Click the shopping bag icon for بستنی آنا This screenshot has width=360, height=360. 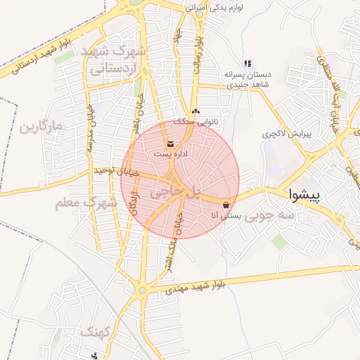(x=225, y=205)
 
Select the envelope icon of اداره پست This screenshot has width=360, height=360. (x=172, y=144)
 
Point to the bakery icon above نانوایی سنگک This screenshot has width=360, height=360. (x=195, y=111)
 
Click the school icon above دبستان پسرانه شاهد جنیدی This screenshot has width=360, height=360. (x=247, y=64)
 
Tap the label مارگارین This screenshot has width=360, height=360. (x=41, y=127)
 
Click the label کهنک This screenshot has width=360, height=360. (x=96, y=330)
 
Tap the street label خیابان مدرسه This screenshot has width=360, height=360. (x=92, y=131)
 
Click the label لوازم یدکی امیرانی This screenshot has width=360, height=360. (x=214, y=8)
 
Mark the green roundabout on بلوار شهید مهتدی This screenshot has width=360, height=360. (x=142, y=289)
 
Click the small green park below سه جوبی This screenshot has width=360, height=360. (x=279, y=242)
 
